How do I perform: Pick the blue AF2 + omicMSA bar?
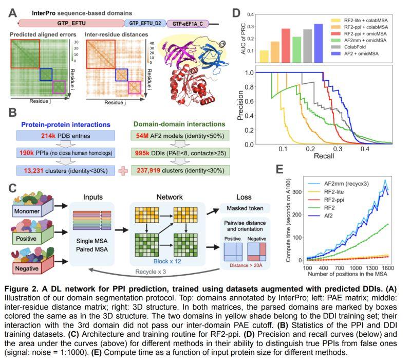[318, 39]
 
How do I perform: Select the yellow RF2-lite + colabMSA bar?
[264, 55]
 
